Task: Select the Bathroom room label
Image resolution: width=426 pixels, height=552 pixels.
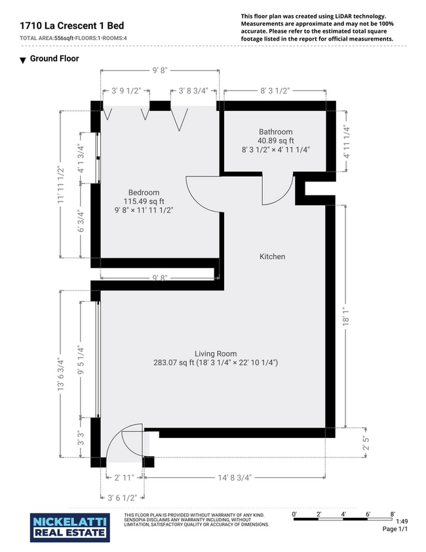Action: coord(275,132)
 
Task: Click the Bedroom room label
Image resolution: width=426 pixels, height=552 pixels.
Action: coord(144,193)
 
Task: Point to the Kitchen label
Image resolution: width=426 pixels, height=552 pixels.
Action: coord(272,257)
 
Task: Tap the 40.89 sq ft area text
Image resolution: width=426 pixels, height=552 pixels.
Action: coord(275,140)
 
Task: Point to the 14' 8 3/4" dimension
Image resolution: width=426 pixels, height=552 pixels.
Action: coord(235,478)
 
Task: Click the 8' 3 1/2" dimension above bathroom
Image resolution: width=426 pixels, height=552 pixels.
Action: coord(275,91)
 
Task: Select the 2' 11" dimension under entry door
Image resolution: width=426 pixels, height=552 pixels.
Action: coord(124,478)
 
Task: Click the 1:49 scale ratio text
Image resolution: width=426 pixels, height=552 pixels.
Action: coord(402,521)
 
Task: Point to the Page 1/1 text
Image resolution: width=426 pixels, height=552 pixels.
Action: coord(395,529)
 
